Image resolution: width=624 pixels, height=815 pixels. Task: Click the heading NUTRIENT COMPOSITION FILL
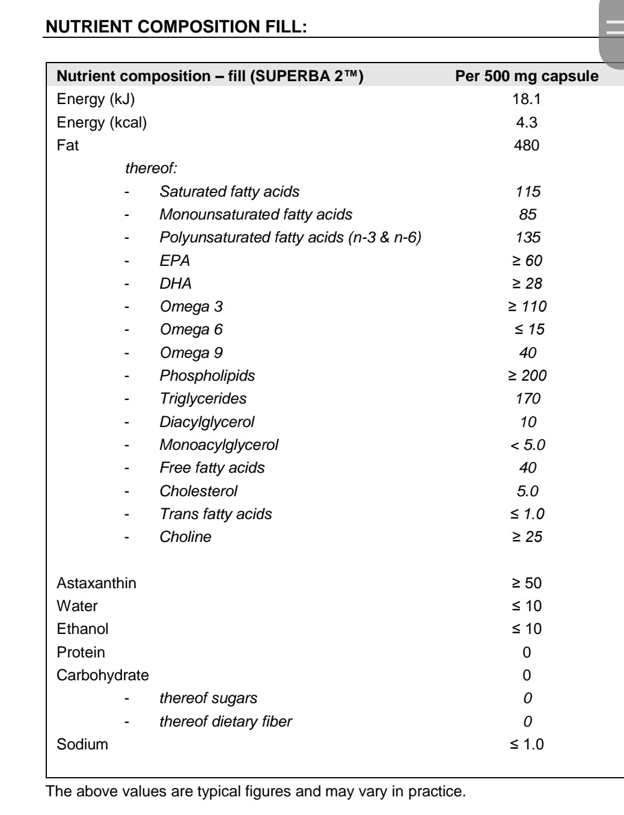tap(176, 26)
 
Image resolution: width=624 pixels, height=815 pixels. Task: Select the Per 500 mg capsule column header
tap(527, 76)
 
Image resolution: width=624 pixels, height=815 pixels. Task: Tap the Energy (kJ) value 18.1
tap(527, 99)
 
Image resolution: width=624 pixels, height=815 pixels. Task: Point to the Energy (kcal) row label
tap(102, 123)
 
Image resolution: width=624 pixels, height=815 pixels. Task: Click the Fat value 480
tap(527, 146)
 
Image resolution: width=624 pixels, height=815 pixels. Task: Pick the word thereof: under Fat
tap(151, 168)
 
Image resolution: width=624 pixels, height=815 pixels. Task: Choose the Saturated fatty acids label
tap(229, 192)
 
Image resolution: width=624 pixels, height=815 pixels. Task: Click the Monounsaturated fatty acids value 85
tap(527, 215)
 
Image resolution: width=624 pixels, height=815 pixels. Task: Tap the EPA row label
tap(174, 260)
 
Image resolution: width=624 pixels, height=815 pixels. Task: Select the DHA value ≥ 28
tap(527, 283)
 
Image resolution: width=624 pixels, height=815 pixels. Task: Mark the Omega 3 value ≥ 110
tap(527, 307)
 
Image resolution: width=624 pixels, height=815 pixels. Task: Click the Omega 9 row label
tap(191, 353)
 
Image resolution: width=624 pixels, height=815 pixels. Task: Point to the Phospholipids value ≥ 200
tap(527, 376)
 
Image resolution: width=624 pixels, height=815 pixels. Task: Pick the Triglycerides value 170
tap(527, 399)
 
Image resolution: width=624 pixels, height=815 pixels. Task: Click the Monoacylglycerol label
tap(219, 445)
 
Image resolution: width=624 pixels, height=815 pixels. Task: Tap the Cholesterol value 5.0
tap(527, 491)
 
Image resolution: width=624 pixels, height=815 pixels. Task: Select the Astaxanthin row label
tap(96, 583)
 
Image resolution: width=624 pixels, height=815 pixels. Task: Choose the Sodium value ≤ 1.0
tap(527, 745)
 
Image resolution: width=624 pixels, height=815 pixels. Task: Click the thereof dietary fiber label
tap(225, 721)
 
